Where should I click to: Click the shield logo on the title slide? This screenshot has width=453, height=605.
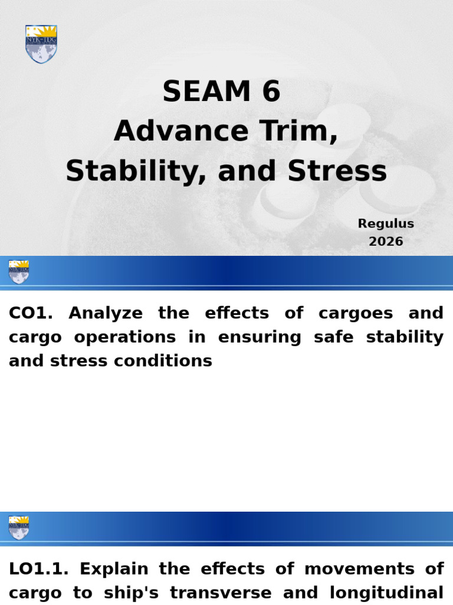41,44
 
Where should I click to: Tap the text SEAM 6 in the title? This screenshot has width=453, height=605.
221,92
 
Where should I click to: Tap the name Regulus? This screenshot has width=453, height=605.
386,224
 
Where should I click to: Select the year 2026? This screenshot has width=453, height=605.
386,242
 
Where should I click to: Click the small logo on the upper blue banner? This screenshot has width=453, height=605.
19,272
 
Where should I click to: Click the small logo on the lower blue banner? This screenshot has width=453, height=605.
19,528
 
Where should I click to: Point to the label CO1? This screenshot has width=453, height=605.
31,313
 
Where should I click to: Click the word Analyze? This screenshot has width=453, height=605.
106,313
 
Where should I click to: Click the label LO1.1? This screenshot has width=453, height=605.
38,569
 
